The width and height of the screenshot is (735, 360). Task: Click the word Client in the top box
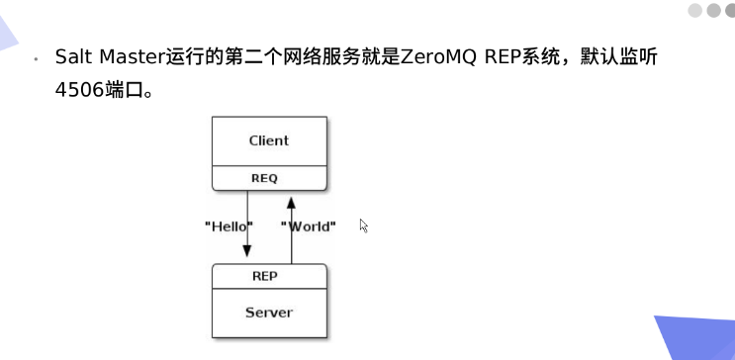[x=268, y=140]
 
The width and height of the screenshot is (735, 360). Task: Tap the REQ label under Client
[x=268, y=178]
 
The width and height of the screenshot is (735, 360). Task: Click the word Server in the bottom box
[x=268, y=313]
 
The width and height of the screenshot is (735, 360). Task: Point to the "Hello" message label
[x=229, y=226]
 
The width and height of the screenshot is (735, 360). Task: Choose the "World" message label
[x=309, y=226]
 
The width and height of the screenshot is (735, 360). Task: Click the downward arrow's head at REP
[x=247, y=255]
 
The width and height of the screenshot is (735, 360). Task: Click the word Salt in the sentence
[x=72, y=57]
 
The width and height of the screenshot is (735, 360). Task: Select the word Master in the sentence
[x=126, y=57]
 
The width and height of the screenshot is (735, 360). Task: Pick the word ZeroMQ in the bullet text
[x=440, y=57]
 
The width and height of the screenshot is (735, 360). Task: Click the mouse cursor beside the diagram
[x=363, y=225]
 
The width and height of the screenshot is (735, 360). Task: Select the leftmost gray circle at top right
[x=694, y=10]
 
